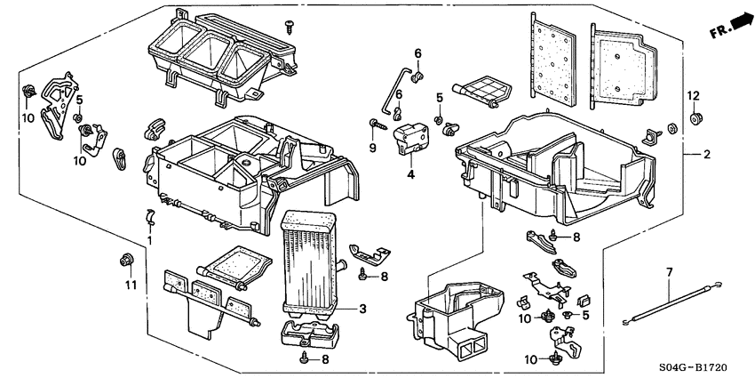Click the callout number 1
[x=150, y=240]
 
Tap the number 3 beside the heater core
[x=363, y=309]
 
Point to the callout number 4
[x=410, y=175]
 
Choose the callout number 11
[x=131, y=286]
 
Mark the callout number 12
[x=693, y=95]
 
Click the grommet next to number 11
[x=126, y=261]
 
